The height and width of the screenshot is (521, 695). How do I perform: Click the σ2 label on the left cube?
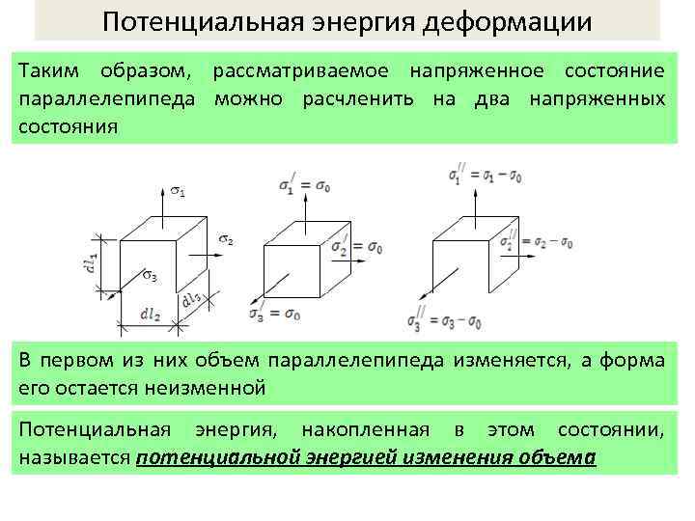(225, 239)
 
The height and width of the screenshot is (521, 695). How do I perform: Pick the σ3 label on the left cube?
(150, 278)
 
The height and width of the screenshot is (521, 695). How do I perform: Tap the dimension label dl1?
(89, 265)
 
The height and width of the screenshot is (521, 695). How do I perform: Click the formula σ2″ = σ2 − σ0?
(549, 242)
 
